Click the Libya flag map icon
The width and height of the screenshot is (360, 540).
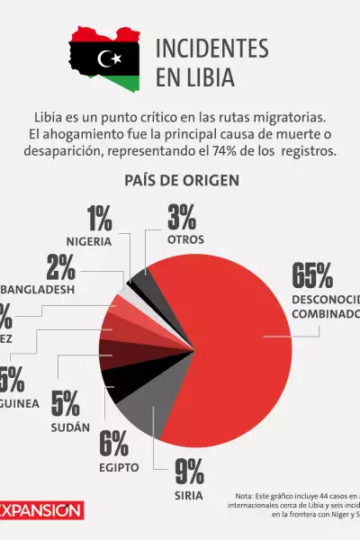point(105,59)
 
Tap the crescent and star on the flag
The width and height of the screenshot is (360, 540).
point(111,59)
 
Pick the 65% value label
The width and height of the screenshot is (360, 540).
point(311,274)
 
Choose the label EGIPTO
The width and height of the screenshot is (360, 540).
point(119,467)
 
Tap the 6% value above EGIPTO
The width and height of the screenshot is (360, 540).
point(113,444)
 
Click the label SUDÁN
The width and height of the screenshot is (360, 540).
point(70,427)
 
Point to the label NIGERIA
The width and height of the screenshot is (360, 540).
point(88,241)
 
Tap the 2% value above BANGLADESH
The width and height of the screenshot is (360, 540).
point(60,266)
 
